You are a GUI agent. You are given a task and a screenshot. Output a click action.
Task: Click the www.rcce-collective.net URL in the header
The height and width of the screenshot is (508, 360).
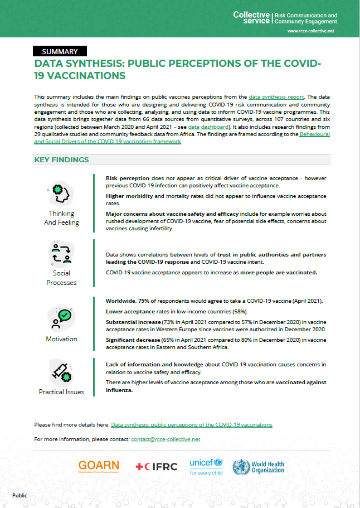[x=312, y=31]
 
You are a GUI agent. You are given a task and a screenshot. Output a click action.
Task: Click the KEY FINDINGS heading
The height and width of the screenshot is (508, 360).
[x=61, y=159]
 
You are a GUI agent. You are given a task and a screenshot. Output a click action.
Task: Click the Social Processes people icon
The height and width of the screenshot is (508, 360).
[x=61, y=253]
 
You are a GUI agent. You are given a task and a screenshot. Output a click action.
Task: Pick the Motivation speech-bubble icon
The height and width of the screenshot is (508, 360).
[x=61, y=318]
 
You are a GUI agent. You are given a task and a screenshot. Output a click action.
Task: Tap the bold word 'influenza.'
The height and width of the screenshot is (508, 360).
[x=119, y=391]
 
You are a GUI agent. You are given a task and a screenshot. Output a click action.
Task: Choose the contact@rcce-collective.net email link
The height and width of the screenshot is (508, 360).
[x=166, y=439]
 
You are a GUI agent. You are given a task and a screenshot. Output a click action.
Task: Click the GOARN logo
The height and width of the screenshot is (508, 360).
[x=99, y=466]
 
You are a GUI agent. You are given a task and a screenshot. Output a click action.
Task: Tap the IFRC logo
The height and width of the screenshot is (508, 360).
[x=156, y=466]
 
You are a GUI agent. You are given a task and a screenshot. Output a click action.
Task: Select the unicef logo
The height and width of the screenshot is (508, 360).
[x=206, y=466]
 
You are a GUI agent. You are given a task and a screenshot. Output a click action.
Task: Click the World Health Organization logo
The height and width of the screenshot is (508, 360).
[x=257, y=466]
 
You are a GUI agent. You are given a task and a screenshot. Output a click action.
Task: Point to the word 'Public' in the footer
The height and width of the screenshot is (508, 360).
[x=20, y=495]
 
